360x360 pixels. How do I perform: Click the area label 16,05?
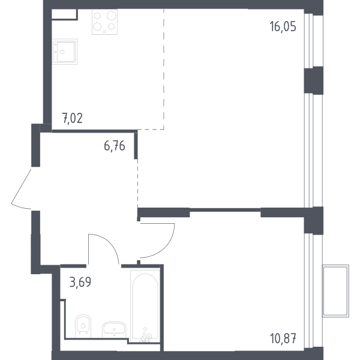[283, 26]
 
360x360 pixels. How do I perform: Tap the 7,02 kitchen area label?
[73, 118]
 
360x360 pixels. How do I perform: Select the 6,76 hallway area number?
[115, 146]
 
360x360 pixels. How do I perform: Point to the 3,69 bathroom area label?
[80, 282]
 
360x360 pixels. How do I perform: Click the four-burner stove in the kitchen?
[104, 22]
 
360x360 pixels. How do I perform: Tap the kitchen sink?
[65, 52]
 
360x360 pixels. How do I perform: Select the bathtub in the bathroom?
[145, 305]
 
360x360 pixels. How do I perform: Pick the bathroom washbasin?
[114, 329]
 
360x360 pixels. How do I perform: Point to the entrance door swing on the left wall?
[21, 189]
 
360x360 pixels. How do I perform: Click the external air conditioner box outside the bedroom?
[335, 290]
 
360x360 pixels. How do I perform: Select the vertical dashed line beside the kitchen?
[164, 69]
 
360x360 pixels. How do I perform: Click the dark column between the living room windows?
[314, 80]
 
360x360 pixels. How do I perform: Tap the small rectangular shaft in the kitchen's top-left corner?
[65, 14]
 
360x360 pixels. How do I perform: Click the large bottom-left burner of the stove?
[97, 26]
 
